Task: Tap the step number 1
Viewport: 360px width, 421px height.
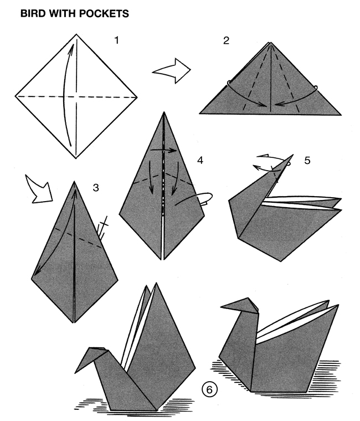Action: (116, 40)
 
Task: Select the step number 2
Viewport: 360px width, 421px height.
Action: (226, 40)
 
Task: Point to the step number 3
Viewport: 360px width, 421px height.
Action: (96, 187)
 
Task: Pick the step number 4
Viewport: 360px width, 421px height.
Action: (200, 161)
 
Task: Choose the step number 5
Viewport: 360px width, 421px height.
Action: (307, 161)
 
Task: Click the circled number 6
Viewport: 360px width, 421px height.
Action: (209, 389)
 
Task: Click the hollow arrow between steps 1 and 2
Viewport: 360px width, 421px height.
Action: (172, 71)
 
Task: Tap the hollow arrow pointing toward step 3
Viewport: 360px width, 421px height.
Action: (39, 189)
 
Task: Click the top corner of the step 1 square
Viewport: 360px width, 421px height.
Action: (76, 34)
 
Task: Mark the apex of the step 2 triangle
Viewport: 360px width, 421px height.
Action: (270, 42)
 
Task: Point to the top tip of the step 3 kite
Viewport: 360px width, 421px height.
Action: (74, 182)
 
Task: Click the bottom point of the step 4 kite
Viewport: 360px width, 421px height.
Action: (162, 260)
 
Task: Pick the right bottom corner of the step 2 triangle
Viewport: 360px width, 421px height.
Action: (341, 115)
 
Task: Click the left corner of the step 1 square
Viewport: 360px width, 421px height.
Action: (16, 96)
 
